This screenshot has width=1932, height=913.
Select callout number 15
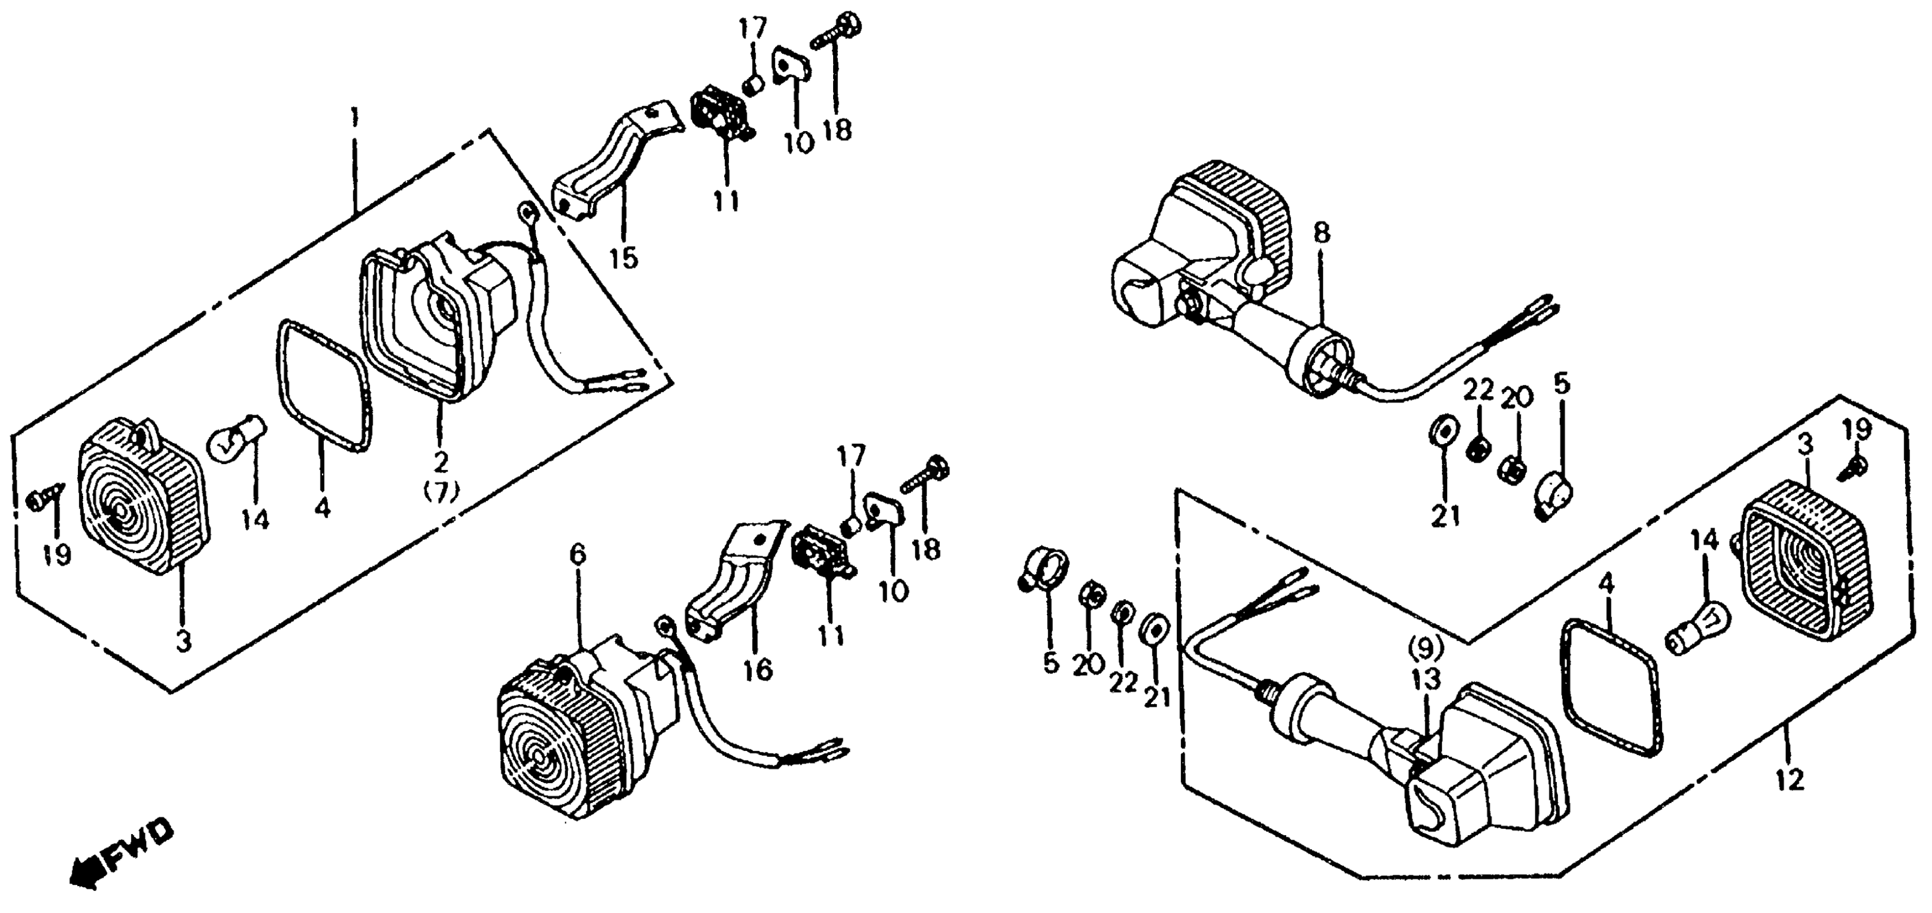(623, 258)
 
